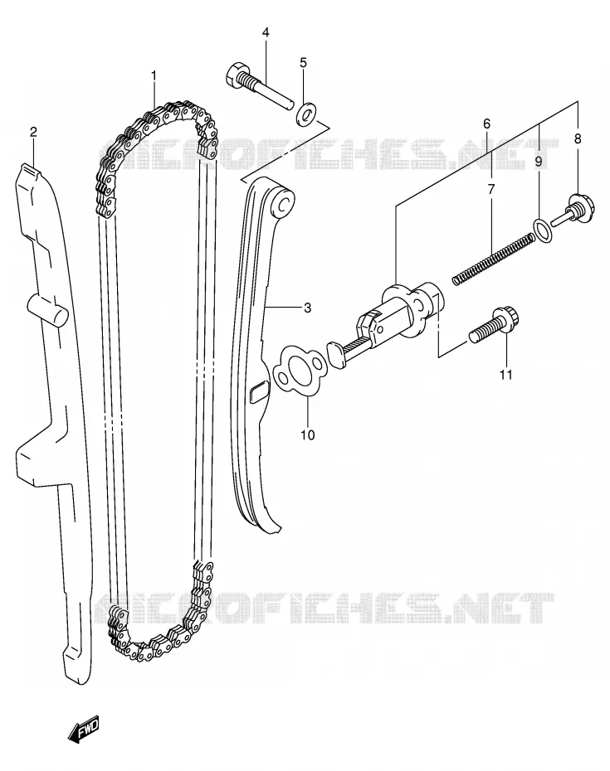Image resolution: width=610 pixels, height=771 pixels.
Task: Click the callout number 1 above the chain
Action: pos(154,75)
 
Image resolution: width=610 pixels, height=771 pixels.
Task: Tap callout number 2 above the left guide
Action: pos(33,131)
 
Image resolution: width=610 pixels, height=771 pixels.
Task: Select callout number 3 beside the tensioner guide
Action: pos(307,308)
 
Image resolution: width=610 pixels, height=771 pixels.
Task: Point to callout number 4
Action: pos(266,33)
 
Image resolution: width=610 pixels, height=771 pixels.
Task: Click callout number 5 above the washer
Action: pos(303,62)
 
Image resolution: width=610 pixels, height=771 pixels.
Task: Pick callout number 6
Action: pos(486,124)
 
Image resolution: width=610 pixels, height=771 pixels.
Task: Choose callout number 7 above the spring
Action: pos(491,189)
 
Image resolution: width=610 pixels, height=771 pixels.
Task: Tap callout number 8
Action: pos(578,138)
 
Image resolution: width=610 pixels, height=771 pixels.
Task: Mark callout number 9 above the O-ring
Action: pos(538,161)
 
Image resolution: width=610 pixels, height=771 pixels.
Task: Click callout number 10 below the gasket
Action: pos(308,435)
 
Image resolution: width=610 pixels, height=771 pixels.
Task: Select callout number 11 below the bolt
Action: pos(506,375)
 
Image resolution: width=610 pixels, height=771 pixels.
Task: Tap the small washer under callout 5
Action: pos(306,114)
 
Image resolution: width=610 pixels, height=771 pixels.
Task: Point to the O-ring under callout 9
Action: pos(543,230)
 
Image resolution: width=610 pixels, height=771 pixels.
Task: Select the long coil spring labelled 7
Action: pos(493,259)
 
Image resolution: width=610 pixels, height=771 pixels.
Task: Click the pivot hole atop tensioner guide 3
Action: pos(284,204)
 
